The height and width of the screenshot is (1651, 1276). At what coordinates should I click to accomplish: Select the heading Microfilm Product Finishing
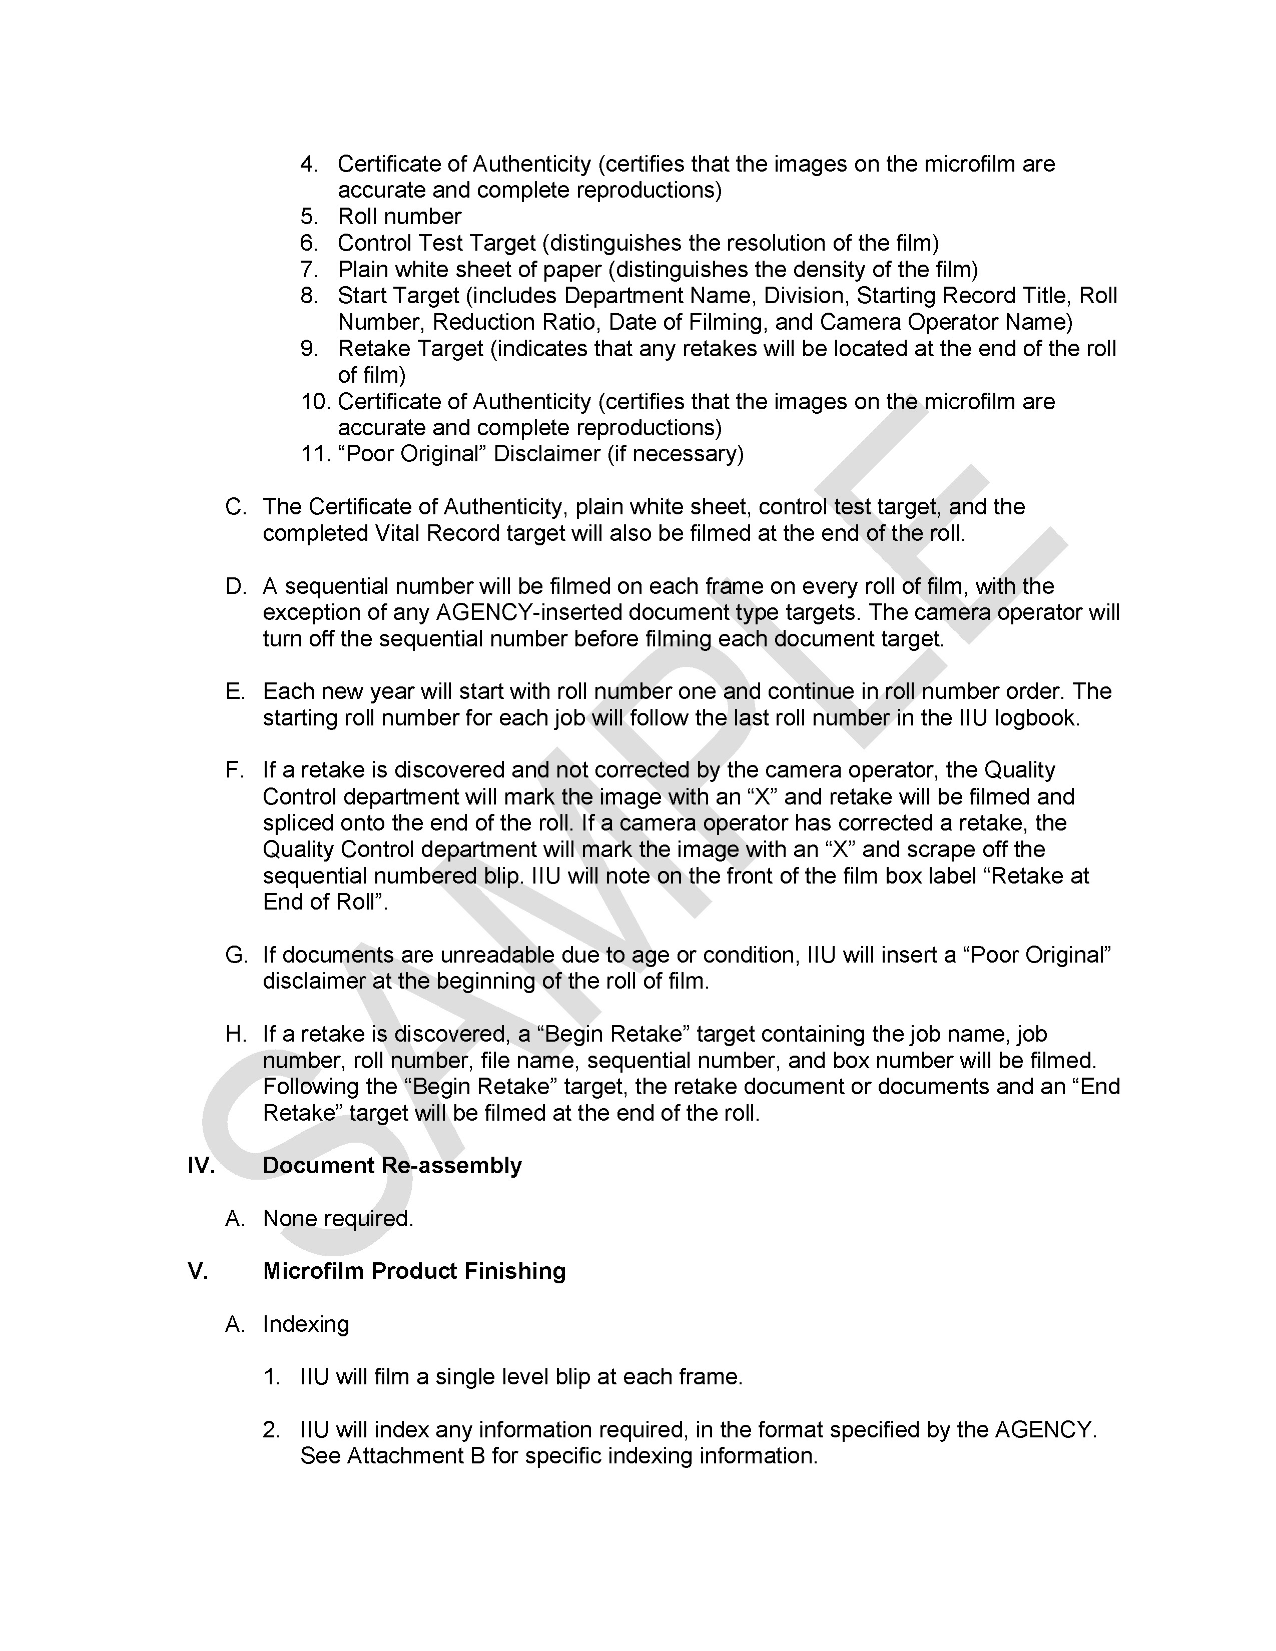point(414,1271)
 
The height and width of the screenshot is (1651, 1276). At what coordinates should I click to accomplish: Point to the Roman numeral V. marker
point(197,1271)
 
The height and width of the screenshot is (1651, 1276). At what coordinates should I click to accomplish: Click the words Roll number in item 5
point(399,216)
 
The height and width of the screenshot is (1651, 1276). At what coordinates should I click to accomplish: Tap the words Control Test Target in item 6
point(436,243)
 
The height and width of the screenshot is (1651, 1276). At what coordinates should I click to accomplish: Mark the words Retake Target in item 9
point(410,349)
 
